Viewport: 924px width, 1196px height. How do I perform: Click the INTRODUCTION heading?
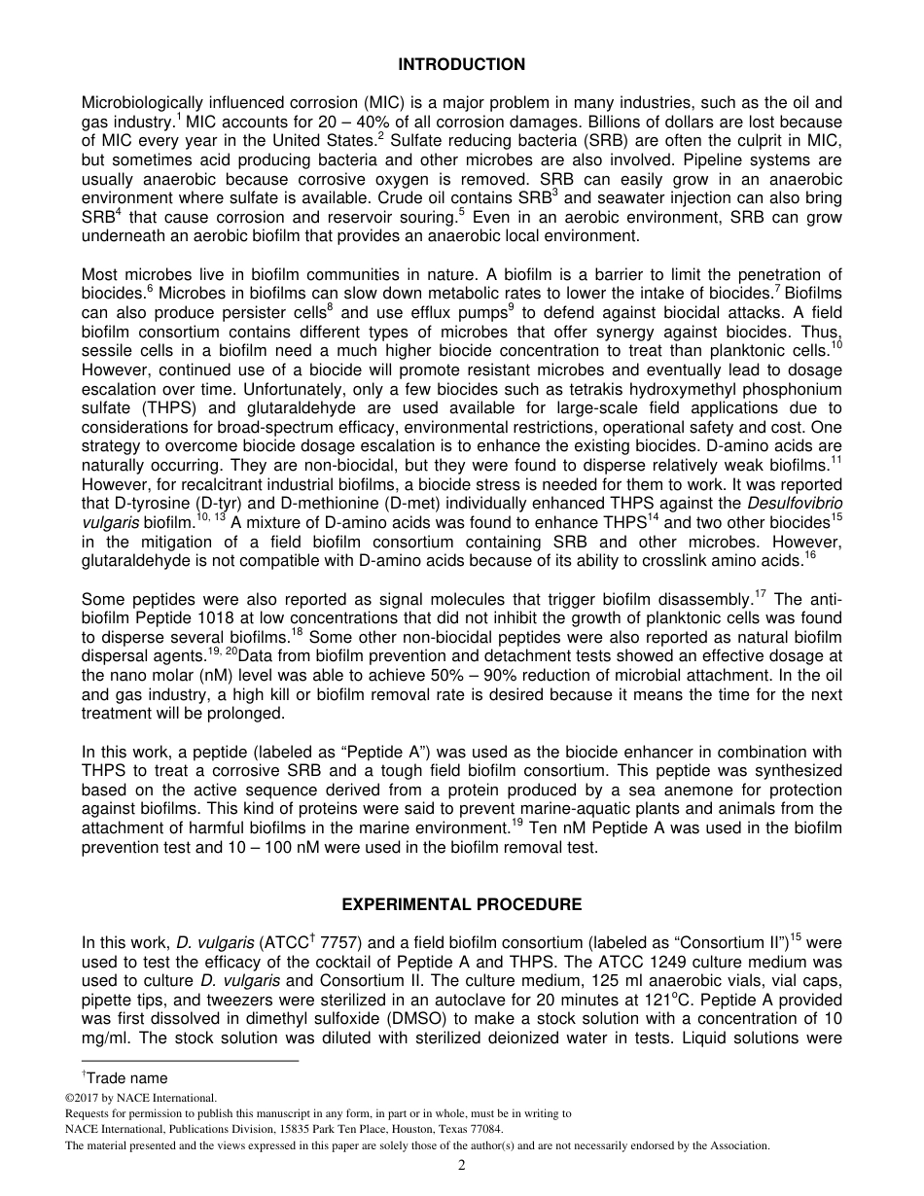461,65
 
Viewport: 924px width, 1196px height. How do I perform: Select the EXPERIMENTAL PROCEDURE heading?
461,904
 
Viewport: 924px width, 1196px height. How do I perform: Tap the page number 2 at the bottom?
462,1166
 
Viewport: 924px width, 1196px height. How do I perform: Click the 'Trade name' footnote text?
125,1077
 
